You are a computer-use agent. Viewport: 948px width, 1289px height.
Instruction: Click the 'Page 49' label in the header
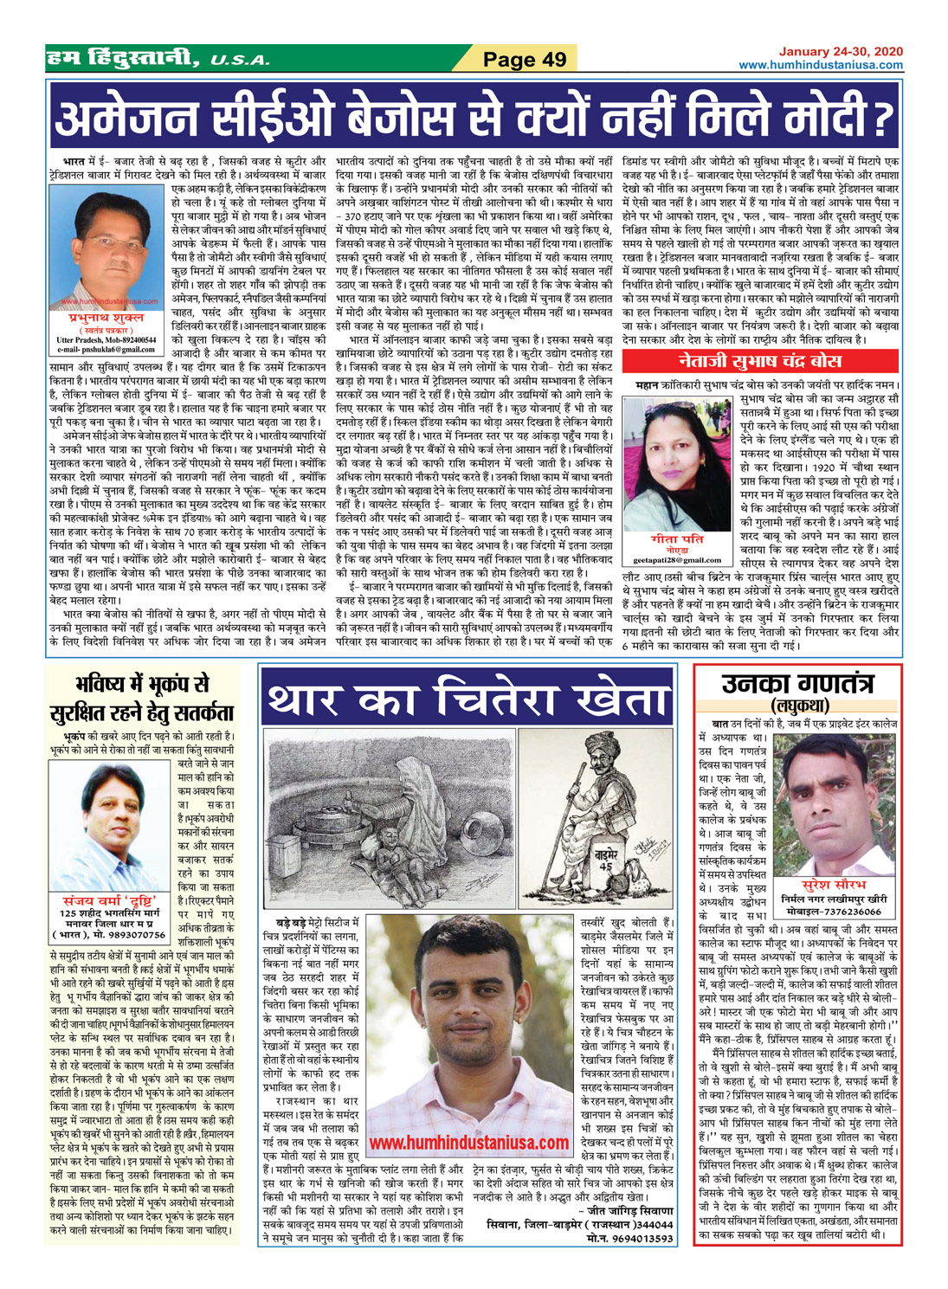[524, 59]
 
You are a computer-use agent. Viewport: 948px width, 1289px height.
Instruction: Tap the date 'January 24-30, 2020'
[841, 52]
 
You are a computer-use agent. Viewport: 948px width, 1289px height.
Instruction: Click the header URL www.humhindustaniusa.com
[821, 65]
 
